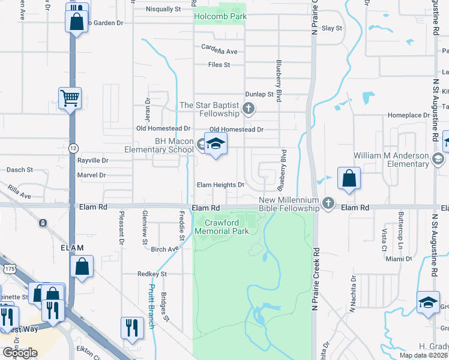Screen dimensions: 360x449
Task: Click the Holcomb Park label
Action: [x=220, y=17]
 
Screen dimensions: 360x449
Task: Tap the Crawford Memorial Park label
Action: [x=223, y=227]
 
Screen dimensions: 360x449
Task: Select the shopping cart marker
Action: [x=70, y=98]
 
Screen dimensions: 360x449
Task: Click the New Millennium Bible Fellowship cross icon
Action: [x=328, y=203]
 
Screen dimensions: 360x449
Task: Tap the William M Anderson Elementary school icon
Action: [x=438, y=159]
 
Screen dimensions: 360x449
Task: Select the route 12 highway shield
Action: [x=73, y=148]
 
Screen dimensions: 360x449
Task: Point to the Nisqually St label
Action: [x=163, y=10]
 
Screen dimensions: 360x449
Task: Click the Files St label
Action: [x=219, y=65]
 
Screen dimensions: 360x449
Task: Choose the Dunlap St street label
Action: [x=259, y=94]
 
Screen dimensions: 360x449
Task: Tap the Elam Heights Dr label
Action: [x=220, y=185]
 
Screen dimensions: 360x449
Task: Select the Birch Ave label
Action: [x=164, y=250]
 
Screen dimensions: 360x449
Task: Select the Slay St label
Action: [x=331, y=28]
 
